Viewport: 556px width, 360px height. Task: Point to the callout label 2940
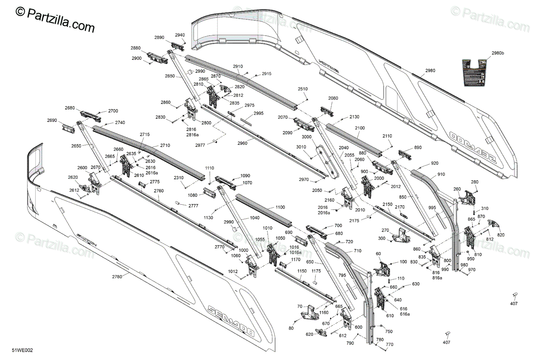[x=180, y=35]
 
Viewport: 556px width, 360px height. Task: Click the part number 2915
[x=266, y=74]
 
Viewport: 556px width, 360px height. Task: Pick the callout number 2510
[x=303, y=88]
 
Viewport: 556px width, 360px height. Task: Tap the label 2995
[x=259, y=113]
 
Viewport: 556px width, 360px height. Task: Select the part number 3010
[x=302, y=147]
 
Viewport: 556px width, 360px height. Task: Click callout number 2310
[x=178, y=177]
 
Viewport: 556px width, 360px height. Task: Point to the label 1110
[x=209, y=168]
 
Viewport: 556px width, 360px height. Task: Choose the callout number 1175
[x=316, y=271]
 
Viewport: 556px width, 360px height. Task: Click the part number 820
[x=501, y=235]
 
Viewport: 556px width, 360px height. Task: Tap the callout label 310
[x=485, y=208]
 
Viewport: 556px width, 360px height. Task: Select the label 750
[x=388, y=331]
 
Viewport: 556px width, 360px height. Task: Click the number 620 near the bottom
[x=310, y=334]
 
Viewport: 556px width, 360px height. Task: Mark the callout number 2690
[x=52, y=120]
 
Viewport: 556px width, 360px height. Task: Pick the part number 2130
[x=354, y=117]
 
